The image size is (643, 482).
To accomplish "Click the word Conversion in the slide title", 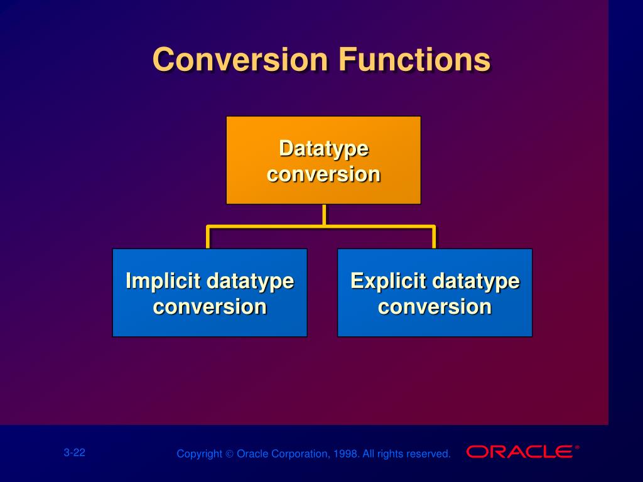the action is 240,60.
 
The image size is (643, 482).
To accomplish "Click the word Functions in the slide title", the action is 414,60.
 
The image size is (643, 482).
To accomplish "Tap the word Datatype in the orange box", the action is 323,149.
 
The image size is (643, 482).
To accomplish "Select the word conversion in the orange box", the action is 323,174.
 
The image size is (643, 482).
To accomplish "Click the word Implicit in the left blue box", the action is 163,282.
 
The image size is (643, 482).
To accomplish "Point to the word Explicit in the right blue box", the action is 388,282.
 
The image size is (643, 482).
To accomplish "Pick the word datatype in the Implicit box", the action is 250,282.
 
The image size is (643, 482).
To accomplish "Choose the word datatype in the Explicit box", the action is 476,282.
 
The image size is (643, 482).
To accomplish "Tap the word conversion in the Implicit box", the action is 210,307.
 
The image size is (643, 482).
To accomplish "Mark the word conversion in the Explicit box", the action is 435,307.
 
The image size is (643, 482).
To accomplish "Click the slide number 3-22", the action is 74,453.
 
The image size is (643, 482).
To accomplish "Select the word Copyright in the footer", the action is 199,454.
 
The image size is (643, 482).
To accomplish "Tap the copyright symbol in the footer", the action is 230,454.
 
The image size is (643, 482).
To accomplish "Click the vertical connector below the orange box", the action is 325,215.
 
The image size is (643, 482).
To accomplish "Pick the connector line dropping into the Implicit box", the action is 208,237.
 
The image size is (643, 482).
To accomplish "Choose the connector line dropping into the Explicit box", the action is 434,237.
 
